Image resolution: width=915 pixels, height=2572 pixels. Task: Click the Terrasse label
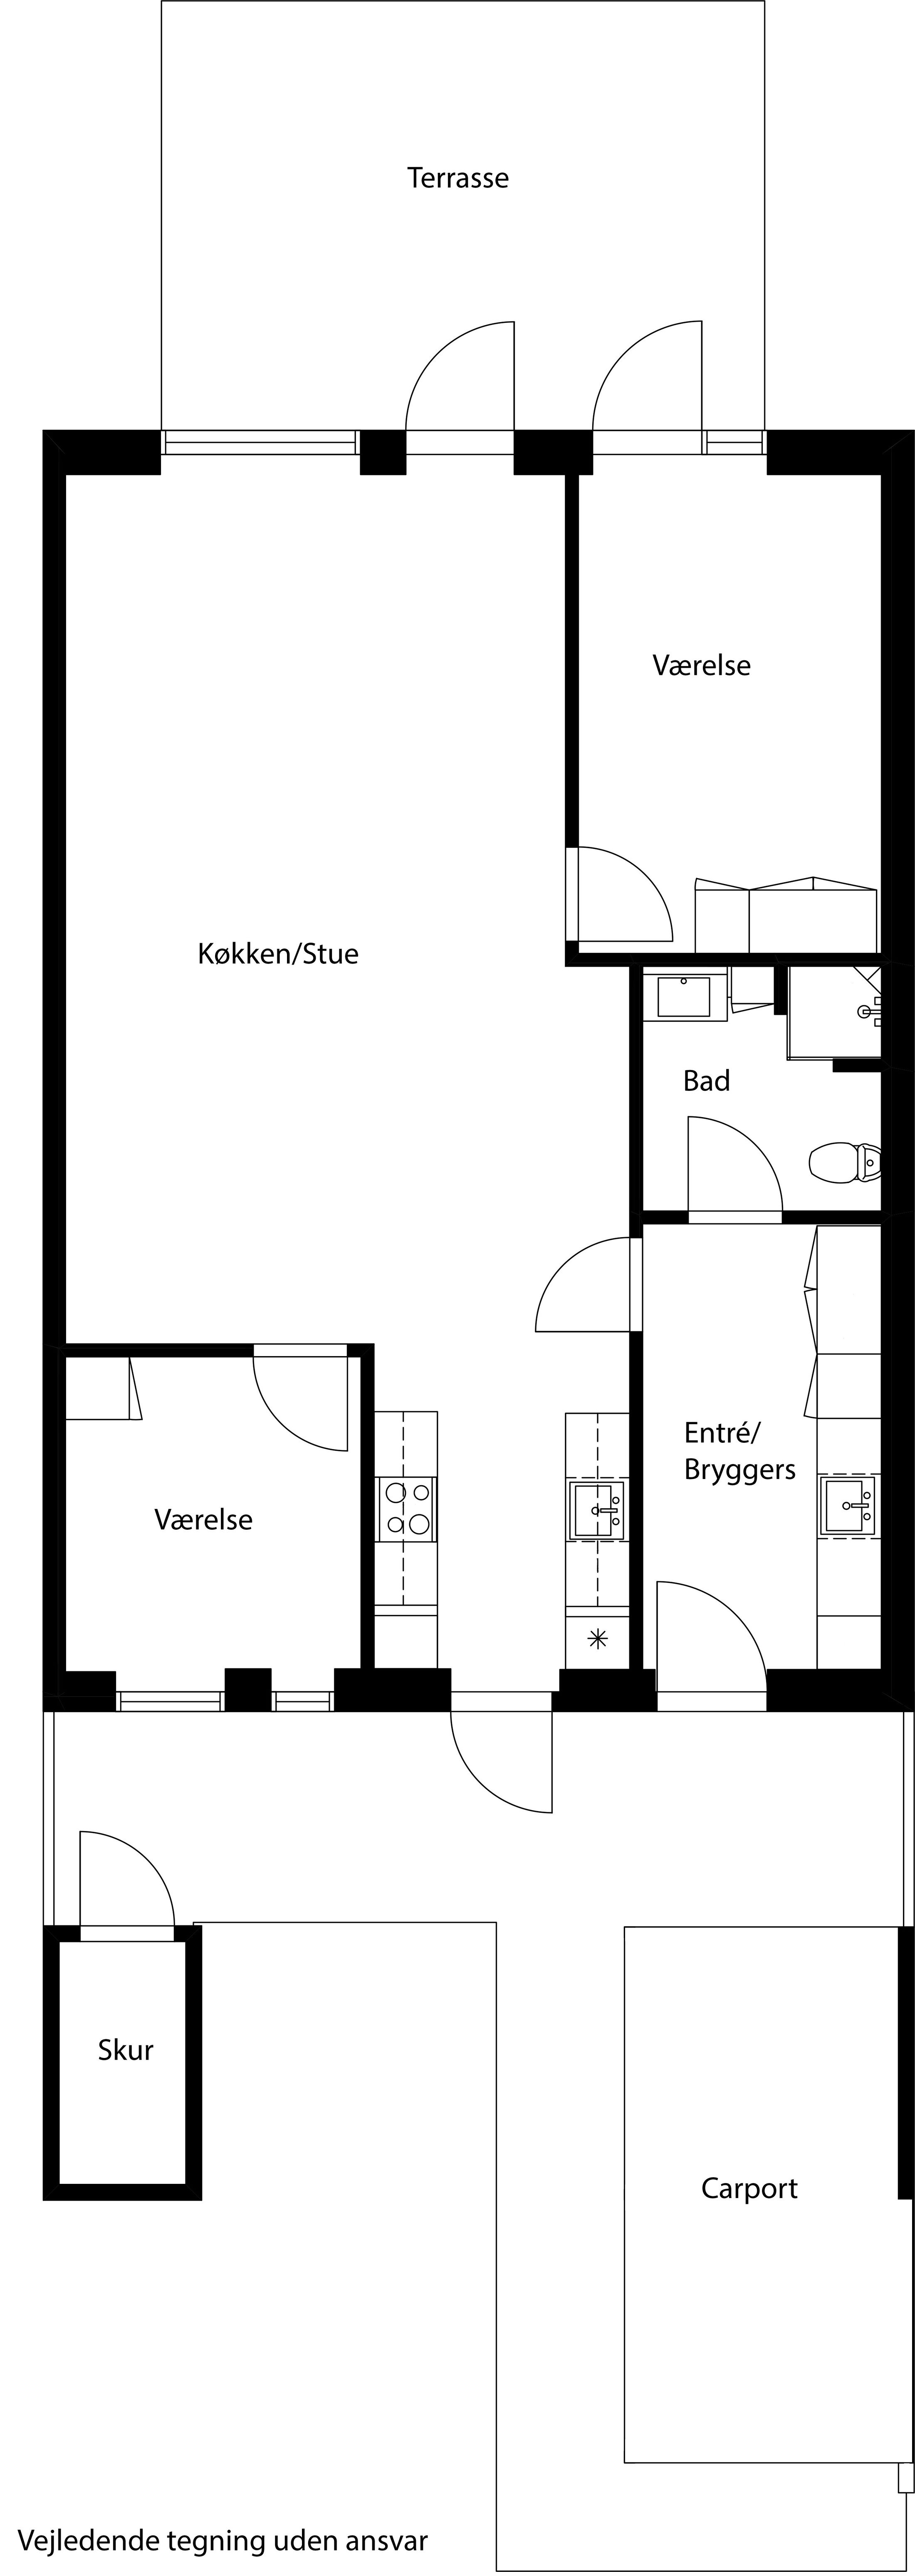[x=457, y=178]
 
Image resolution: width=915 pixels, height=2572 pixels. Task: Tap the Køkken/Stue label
[x=278, y=953]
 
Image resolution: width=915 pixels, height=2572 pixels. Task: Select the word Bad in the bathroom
[x=706, y=1080]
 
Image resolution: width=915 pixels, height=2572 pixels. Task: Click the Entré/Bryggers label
[x=739, y=1451]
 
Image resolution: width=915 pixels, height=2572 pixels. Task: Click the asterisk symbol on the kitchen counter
[x=597, y=1637]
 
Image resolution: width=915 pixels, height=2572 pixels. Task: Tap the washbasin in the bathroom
[x=684, y=997]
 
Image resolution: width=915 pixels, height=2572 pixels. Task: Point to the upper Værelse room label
[x=701, y=665]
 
